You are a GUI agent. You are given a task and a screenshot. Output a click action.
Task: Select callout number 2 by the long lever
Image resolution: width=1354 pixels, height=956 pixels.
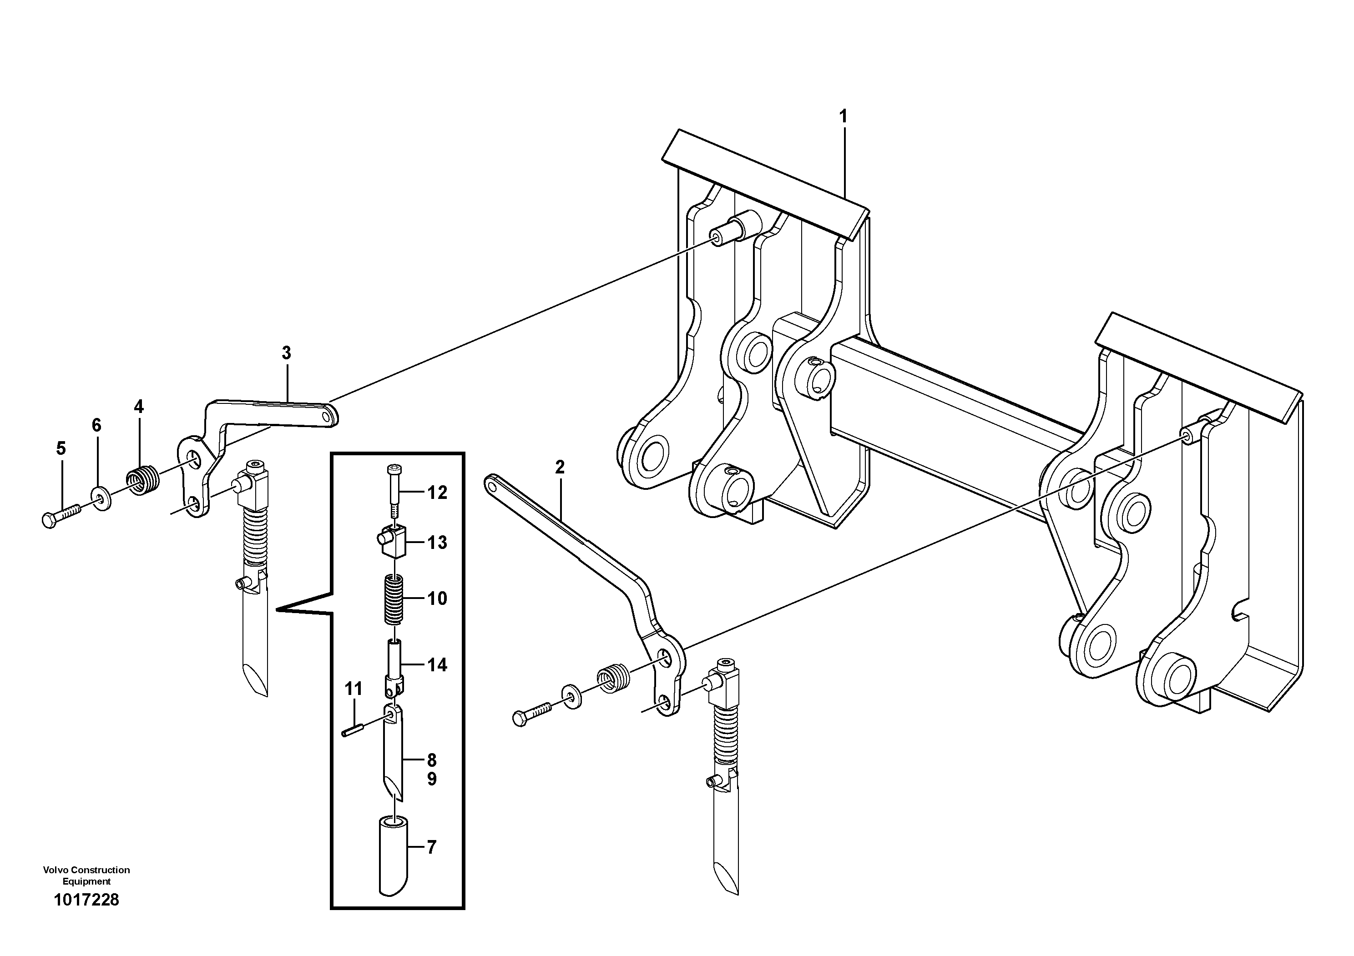click(560, 468)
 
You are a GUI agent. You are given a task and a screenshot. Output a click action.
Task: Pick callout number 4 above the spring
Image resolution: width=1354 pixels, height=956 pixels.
click(139, 407)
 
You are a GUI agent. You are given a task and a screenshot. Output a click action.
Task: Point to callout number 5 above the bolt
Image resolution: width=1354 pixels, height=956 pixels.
click(61, 448)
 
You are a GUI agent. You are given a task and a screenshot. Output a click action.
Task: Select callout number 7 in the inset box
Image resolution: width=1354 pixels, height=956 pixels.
click(431, 848)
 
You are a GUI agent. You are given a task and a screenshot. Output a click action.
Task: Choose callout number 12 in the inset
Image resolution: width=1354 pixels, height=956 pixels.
click(437, 492)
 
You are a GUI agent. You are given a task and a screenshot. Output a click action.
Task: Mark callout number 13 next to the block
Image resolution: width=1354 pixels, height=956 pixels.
click(437, 542)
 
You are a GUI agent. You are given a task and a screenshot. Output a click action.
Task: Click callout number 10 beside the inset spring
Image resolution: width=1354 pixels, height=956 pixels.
click(437, 599)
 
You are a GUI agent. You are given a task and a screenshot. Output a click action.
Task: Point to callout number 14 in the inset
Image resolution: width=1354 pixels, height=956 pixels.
click(437, 665)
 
